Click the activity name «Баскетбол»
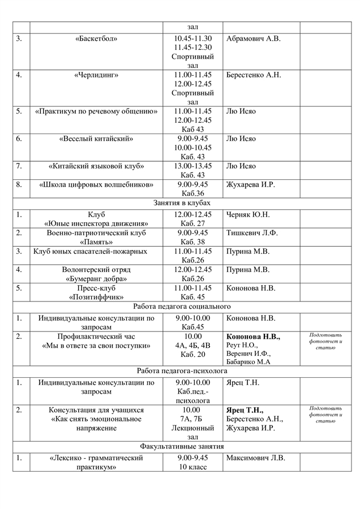[x=96, y=38]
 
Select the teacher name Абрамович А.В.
[x=253, y=38]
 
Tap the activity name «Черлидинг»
[x=96, y=75]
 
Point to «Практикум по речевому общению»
[x=96, y=111]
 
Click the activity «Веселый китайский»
[x=96, y=139]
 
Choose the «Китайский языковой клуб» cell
[x=96, y=166]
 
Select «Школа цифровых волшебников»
[x=96, y=184]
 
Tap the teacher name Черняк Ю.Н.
[x=248, y=214]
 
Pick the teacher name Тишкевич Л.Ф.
[x=252, y=232]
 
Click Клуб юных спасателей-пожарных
[x=91, y=251]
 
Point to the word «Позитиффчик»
[x=96, y=296]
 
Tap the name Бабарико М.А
[x=248, y=362]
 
